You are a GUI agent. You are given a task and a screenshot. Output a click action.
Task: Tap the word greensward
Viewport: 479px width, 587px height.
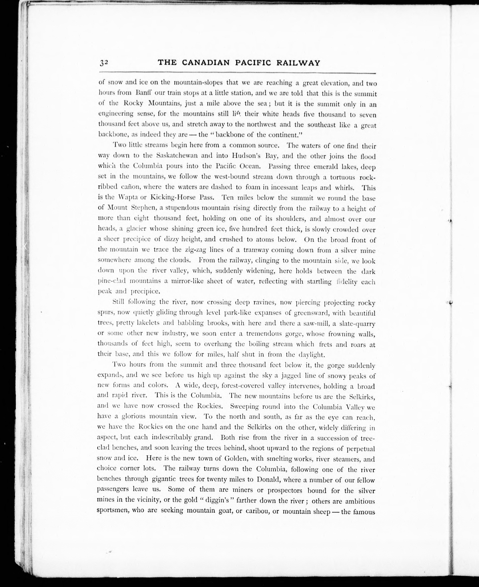tap(310, 313)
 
